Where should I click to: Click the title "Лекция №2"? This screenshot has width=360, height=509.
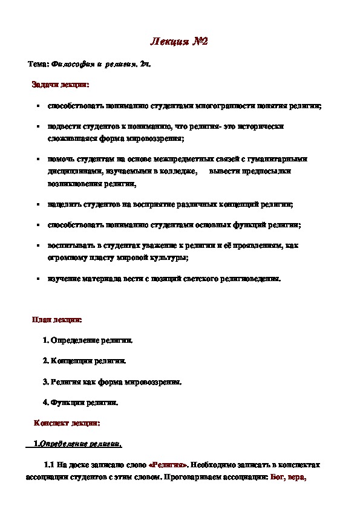coord(179,42)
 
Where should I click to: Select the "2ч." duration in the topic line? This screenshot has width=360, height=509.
coord(145,63)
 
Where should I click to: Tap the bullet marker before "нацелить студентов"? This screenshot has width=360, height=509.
coord(38,204)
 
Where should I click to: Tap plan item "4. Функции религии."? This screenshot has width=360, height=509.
coord(80,402)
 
